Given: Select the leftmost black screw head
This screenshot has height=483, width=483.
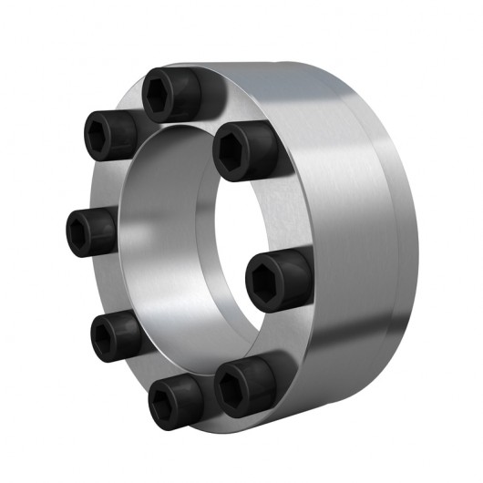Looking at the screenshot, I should coord(91,228).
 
